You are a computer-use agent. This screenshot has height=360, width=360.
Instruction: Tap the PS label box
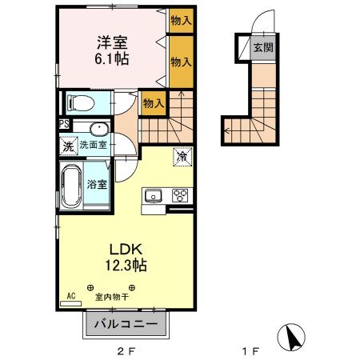point(63,124)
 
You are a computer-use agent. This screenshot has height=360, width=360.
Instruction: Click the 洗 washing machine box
point(68,146)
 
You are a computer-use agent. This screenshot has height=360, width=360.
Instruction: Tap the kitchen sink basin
point(153,196)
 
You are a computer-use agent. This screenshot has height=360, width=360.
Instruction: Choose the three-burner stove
point(180,196)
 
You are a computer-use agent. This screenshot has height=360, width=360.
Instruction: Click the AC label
point(71,296)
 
